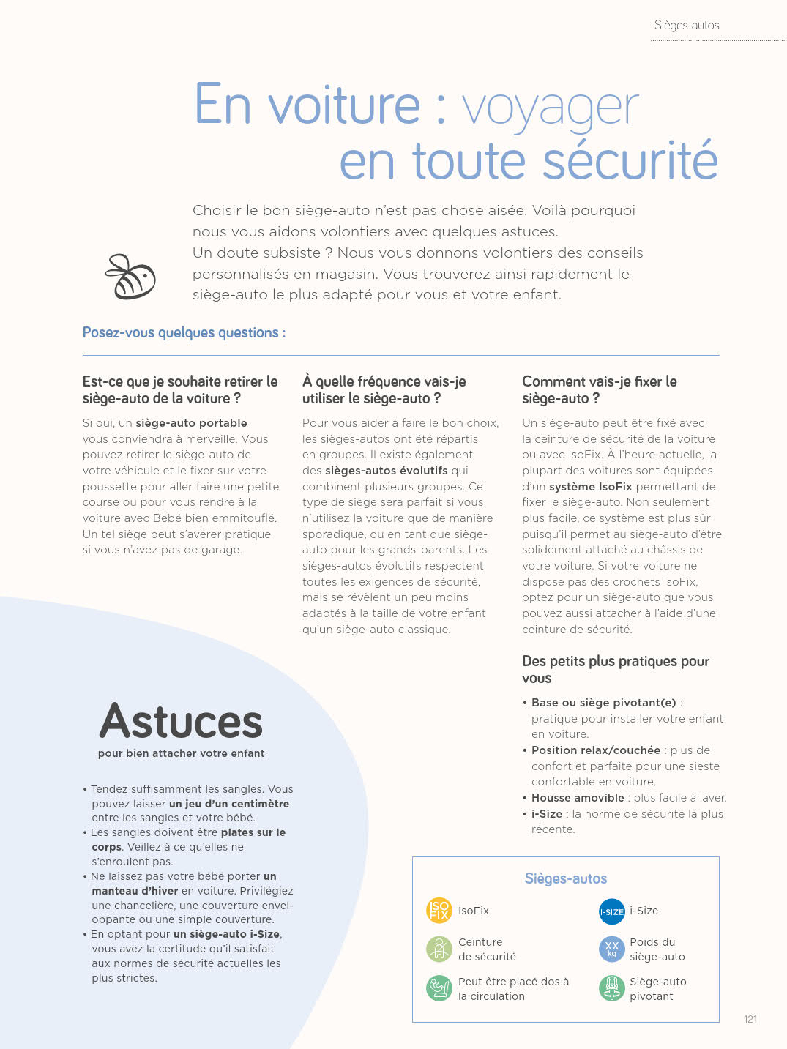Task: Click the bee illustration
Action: [131, 277]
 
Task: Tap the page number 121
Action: [750, 1019]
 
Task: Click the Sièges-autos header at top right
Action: [686, 26]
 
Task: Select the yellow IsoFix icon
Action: [439, 911]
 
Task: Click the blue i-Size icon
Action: [611, 911]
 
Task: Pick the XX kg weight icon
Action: [611, 949]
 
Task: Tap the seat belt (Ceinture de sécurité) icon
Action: [439, 949]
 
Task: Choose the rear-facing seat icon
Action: [439, 988]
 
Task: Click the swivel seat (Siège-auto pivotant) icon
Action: [611, 988]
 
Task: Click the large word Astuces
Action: [181, 722]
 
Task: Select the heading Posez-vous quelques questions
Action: [184, 333]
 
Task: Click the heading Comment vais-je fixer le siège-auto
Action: [599, 389]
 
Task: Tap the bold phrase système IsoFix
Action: [591, 487]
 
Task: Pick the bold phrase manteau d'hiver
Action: [135, 891]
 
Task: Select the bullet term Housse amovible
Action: [578, 798]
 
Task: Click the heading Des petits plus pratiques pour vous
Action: [615, 669]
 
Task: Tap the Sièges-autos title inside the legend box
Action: [565, 878]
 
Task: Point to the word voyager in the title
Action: [550, 108]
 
